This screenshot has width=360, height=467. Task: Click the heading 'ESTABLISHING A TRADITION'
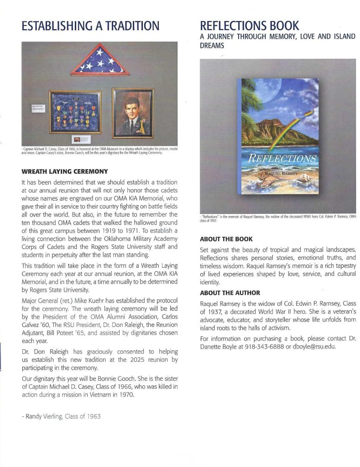(x=90, y=26)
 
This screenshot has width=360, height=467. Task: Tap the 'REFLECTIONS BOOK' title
(x=250, y=25)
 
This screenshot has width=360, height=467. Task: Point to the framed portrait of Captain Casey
(x=133, y=112)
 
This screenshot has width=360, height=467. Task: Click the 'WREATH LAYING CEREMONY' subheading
(x=64, y=171)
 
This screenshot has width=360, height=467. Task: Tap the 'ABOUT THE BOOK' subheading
(x=226, y=239)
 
